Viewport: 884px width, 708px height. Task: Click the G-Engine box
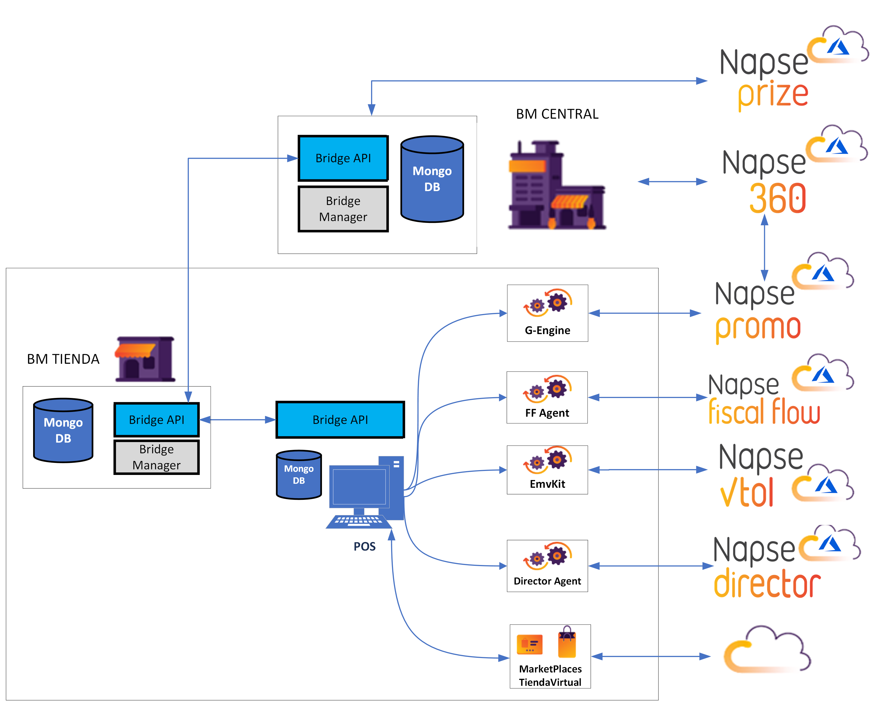(x=547, y=313)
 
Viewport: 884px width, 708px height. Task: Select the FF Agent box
(x=547, y=397)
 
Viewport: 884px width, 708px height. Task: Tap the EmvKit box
(x=547, y=470)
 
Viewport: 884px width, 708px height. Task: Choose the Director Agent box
(x=547, y=566)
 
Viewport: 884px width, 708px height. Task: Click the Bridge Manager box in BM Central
(x=343, y=208)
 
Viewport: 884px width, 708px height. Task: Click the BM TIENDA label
(x=63, y=359)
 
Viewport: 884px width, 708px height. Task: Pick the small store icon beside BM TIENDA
(x=145, y=359)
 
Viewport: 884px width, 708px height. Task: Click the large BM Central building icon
(x=556, y=185)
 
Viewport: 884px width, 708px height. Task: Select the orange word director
(x=767, y=583)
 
